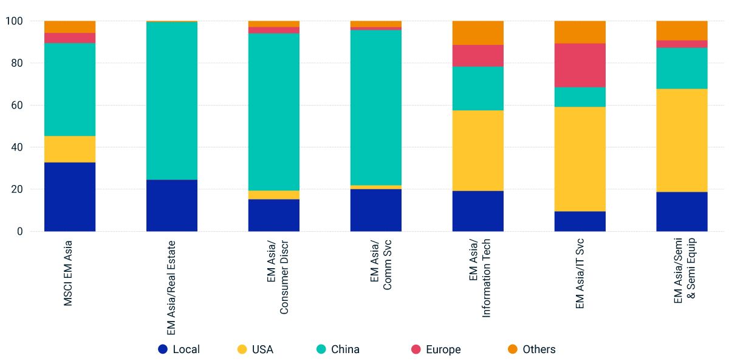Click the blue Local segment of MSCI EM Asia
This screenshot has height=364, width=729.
coord(70,197)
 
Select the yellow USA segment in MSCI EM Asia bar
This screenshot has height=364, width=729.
coord(70,149)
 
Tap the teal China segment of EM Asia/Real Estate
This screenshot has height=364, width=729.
coord(172,101)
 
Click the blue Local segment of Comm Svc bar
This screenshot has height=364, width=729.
coord(376,210)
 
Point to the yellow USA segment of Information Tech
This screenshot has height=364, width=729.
coord(478,150)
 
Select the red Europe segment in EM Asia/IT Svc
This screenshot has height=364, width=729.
coord(580,65)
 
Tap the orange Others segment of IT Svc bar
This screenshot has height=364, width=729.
coord(580,32)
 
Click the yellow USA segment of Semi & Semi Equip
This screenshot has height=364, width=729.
coord(682,140)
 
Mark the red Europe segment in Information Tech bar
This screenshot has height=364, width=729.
coord(478,55)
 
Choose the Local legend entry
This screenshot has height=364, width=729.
coord(179,349)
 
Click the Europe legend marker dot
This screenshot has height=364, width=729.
coord(416,349)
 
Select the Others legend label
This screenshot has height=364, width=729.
coord(539,349)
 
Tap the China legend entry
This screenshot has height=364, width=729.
coord(338,349)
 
